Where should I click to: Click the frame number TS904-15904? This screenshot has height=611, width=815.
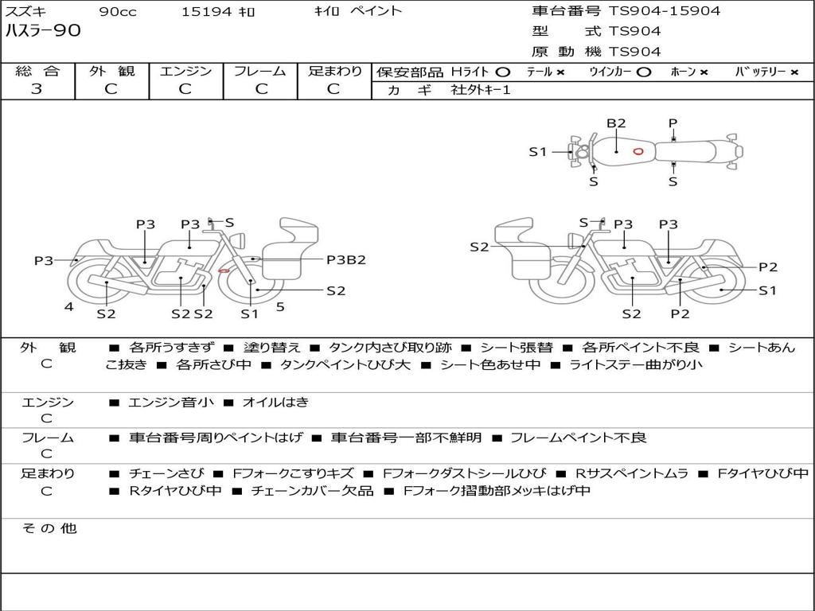(x=665, y=11)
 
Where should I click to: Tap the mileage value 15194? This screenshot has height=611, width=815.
(x=206, y=12)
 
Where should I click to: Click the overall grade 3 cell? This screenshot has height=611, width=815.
(x=37, y=89)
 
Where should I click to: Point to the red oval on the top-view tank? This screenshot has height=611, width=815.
(x=638, y=151)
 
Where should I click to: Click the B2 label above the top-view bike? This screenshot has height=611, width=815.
(x=616, y=123)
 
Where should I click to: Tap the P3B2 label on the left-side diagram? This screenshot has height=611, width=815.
(x=346, y=259)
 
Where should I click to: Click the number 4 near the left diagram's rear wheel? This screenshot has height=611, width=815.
(x=69, y=306)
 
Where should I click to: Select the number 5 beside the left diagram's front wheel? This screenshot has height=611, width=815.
(x=280, y=305)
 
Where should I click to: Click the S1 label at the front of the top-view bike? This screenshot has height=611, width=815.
(x=538, y=151)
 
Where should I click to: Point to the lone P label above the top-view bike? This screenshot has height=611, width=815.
(x=673, y=123)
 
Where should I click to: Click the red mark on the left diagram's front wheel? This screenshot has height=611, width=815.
(x=224, y=271)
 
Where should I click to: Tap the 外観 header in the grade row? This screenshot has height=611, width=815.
(x=111, y=72)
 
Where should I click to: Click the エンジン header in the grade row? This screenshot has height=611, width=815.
(x=185, y=72)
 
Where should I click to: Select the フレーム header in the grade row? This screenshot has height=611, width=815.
(x=259, y=72)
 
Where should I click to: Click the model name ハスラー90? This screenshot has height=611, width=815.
(x=43, y=31)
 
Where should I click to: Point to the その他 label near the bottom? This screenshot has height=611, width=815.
(x=49, y=528)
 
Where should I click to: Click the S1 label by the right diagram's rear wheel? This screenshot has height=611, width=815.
(x=767, y=290)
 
